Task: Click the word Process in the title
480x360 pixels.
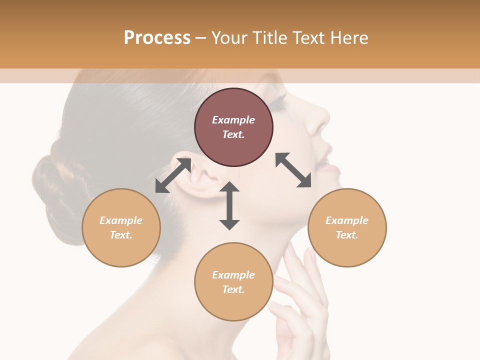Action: (157, 37)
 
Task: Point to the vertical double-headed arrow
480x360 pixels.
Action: (229, 205)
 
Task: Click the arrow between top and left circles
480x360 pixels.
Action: (173, 175)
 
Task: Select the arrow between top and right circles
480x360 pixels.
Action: (293, 170)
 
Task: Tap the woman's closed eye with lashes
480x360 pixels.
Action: (278, 102)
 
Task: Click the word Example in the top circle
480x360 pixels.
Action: (233, 120)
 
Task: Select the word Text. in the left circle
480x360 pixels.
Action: (121, 235)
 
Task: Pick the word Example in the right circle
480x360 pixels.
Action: (347, 220)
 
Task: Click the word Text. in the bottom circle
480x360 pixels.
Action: (233, 289)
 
